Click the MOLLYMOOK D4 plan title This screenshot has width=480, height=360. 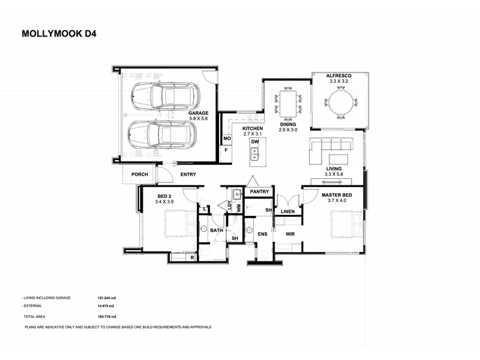pyautogui.click(x=59, y=34)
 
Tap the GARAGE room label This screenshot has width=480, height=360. pyautogui.click(x=199, y=113)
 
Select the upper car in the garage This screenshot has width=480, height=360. pyautogui.click(x=166, y=96)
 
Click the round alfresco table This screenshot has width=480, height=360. pyautogui.click(x=341, y=102)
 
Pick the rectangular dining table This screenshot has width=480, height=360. pyautogui.click(x=288, y=103)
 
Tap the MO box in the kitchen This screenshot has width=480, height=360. pyautogui.click(x=227, y=139)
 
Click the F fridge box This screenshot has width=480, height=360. pyautogui.click(x=226, y=151)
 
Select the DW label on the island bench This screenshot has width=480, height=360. pyautogui.click(x=255, y=142)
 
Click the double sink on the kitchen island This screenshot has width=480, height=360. pyautogui.click(x=254, y=154)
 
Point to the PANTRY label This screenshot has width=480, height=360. pyautogui.click(x=259, y=191)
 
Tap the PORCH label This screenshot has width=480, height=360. pyautogui.click(x=140, y=175)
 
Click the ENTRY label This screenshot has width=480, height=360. pyautogui.click(x=188, y=175)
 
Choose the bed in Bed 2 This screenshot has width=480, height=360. pyautogui.click(x=181, y=223)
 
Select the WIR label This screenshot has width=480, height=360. pyautogui.click(x=290, y=234)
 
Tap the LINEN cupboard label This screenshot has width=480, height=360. pyautogui.click(x=288, y=212)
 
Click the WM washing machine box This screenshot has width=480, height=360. pyautogui.click(x=239, y=208)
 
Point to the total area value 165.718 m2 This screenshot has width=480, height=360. pyautogui.click(x=107, y=317)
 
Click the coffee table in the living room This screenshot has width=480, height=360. pyautogui.click(x=338, y=159)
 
